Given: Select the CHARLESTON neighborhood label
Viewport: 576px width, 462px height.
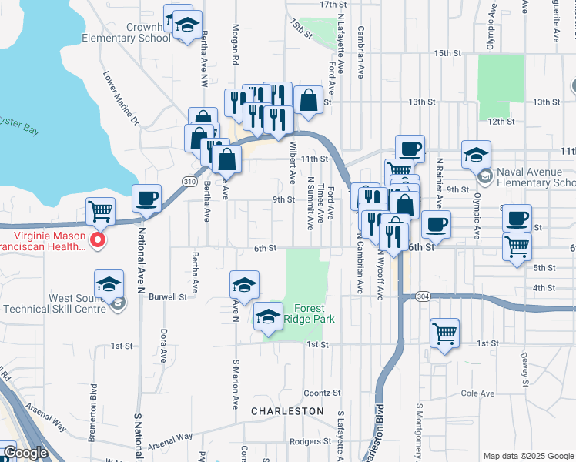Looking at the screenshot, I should [287, 411].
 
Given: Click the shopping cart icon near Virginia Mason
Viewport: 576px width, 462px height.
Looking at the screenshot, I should [100, 211].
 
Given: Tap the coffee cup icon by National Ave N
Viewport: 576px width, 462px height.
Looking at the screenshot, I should [146, 199].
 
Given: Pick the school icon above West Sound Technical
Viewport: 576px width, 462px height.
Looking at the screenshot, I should [109, 283].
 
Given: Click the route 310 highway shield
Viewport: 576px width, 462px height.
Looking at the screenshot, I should [189, 181].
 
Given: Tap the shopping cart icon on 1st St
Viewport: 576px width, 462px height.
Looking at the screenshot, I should [445, 333].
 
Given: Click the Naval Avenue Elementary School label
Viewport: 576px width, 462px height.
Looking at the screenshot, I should [536, 177].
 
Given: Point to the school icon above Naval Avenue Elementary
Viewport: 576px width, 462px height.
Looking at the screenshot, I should [477, 154].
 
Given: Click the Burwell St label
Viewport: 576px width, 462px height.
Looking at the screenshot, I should [168, 296].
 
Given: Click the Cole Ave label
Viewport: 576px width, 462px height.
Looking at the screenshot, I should [477, 393].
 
